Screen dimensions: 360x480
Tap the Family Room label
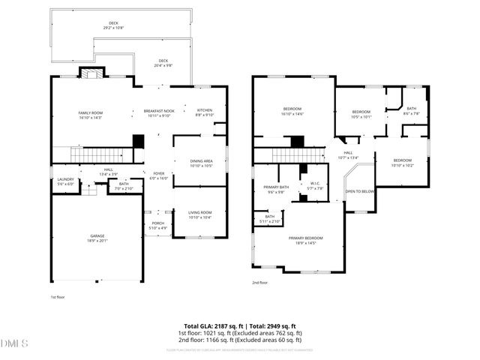click(90, 114)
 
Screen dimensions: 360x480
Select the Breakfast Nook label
click(158, 113)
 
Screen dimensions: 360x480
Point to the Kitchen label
click(204, 112)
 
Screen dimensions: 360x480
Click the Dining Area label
click(201, 163)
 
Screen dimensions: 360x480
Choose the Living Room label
click(200, 214)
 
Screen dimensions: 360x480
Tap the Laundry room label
click(65, 181)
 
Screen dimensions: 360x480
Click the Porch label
click(157, 224)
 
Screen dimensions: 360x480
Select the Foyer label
click(158, 175)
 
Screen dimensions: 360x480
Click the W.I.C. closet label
click(315, 186)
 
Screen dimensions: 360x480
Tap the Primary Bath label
click(276, 189)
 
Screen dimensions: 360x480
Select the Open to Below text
click(359, 191)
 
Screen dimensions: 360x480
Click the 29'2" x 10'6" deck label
click(114, 25)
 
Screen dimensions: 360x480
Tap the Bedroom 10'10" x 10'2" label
click(402, 162)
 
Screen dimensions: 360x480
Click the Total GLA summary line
click(240, 326)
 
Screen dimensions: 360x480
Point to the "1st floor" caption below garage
click(58, 298)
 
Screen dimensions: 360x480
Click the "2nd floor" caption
click(260, 283)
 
